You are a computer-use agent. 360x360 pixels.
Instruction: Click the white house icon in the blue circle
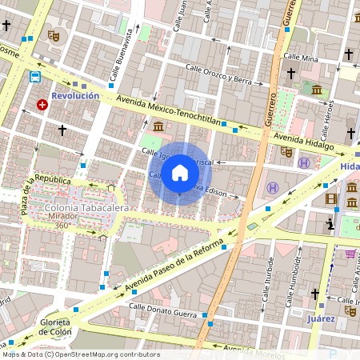180,173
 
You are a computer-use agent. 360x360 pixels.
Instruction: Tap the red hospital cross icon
42,105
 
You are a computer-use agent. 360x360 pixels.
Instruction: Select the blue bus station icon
35,78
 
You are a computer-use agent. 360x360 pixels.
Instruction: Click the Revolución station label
75,95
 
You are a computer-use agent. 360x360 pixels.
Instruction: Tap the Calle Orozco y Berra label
218,74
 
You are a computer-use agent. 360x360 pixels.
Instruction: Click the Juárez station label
321,318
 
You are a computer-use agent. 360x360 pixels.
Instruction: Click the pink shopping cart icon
350,254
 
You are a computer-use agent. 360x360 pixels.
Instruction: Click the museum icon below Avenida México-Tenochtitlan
158,126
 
